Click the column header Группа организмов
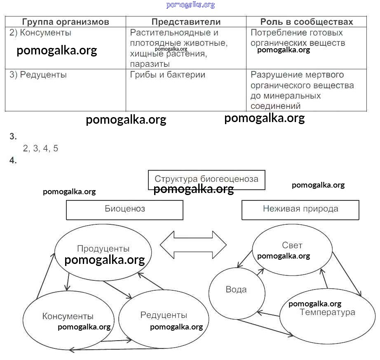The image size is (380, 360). (x=66, y=22)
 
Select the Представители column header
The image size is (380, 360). (x=186, y=22)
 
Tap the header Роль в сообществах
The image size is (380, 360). (x=307, y=22)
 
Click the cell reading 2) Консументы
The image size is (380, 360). (x=40, y=33)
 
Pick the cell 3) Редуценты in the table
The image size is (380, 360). (x=38, y=75)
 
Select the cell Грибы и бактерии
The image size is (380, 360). (x=168, y=75)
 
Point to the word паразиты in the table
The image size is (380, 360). (x=150, y=64)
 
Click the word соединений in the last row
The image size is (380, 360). (x=275, y=106)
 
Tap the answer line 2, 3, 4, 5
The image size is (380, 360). (x=41, y=149)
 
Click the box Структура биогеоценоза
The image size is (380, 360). (x=206, y=179)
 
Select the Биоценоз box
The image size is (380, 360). (x=124, y=209)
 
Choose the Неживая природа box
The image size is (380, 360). (x=300, y=209)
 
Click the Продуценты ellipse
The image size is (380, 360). (x=103, y=249)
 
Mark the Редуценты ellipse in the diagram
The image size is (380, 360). (x=164, y=315)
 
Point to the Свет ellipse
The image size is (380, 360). (x=292, y=246)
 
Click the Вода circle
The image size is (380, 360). (x=236, y=289)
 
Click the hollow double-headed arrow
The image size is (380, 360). (x=193, y=245)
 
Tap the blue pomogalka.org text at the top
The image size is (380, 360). (x=190, y=5)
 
